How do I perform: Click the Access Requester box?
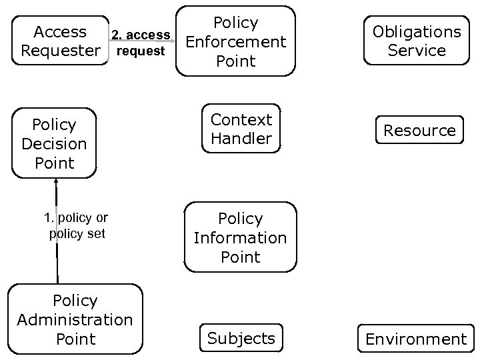pos(60,41)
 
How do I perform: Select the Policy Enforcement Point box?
pos(235,41)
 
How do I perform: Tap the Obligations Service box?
pos(416,41)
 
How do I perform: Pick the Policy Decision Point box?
pos(54,143)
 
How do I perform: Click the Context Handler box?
pos(241,129)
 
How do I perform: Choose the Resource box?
pos(419,131)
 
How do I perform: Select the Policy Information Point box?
pos(240,237)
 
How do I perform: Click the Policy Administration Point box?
pos(75,319)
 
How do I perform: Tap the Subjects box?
pos(241,338)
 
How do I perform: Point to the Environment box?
pos(416,339)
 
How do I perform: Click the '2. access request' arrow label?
pos(140,43)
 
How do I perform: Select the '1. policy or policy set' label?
pos(76,225)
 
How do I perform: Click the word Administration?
pos(75,320)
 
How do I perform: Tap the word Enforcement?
pos(235,41)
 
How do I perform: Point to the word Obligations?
pos(416,31)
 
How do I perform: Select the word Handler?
pos(241,139)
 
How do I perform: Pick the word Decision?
pos(54,143)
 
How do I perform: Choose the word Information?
pos(240,237)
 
